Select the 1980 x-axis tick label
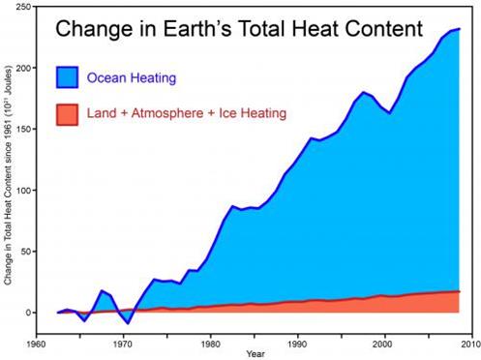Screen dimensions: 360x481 [x=212, y=342]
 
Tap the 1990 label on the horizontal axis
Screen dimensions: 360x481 [x=298, y=342]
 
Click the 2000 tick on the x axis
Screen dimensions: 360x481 [x=384, y=342]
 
